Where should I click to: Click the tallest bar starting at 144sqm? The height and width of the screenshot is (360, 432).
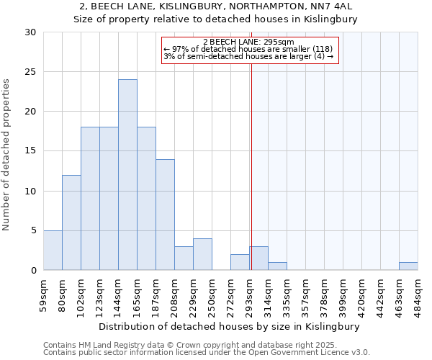pyautogui.click(x=127, y=175)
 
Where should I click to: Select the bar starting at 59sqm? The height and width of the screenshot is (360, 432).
pyautogui.click(x=53, y=251)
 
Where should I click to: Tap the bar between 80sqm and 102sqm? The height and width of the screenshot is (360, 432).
pyautogui.click(x=71, y=222)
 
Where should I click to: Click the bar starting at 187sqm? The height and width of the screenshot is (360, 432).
pyautogui.click(x=165, y=215)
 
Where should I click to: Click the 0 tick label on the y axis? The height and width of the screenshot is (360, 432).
pyautogui.click(x=33, y=271)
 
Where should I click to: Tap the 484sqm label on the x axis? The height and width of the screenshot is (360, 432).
pyautogui.click(x=418, y=294)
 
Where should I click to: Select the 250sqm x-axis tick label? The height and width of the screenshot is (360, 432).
pyautogui.click(x=212, y=294)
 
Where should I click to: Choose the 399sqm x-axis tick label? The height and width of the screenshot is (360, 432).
pyautogui.click(x=343, y=294)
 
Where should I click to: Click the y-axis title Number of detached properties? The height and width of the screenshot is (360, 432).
pyautogui.click(x=7, y=155)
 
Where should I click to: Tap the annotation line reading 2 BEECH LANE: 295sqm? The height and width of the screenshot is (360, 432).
pyautogui.click(x=249, y=42)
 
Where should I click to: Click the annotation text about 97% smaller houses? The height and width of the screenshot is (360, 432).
pyautogui.click(x=248, y=49)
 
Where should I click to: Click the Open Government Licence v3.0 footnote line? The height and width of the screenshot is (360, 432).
pyautogui.click(x=207, y=353)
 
